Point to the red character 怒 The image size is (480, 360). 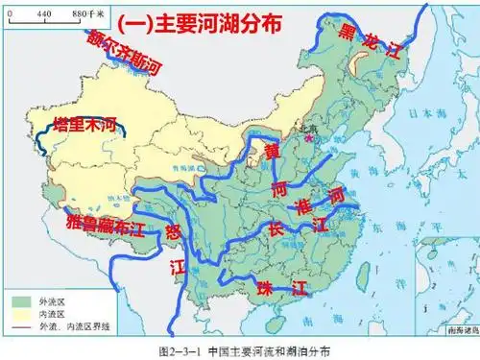click(x=173, y=230)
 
